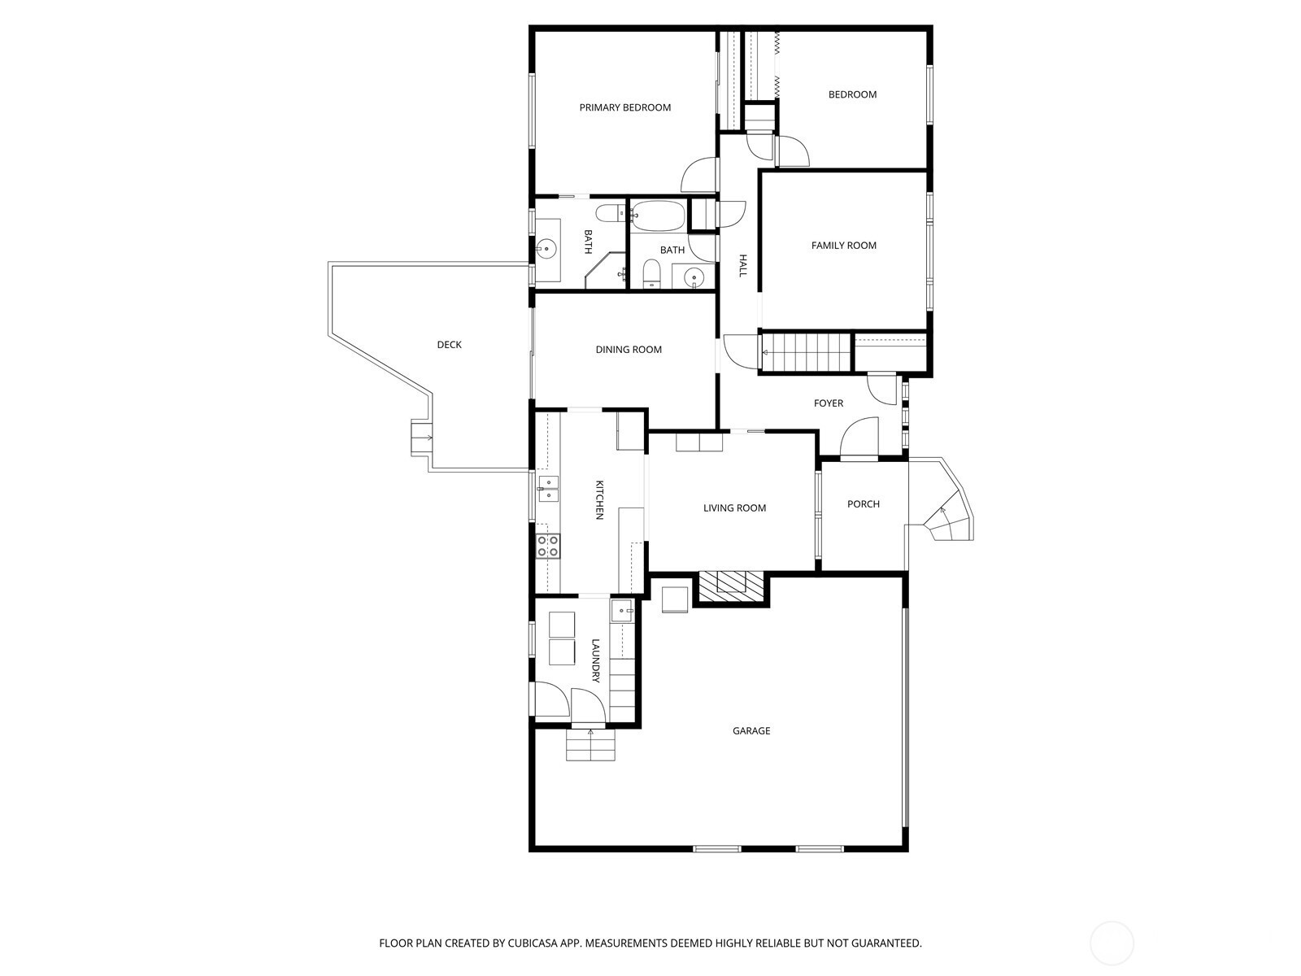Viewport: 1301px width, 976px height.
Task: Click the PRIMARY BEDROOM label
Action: coord(624,107)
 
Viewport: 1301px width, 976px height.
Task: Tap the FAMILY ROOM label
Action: coord(843,246)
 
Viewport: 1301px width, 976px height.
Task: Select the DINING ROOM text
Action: coord(629,350)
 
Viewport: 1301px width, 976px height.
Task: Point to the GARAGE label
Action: coord(751,730)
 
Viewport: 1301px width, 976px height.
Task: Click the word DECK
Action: coord(449,344)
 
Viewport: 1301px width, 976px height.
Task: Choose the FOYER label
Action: coord(828,403)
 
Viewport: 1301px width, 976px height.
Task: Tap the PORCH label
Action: coord(863,503)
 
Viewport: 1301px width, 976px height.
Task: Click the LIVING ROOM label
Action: coord(734,508)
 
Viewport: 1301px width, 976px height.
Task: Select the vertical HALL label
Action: coord(742,265)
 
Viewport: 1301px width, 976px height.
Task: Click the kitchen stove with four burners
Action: coord(548,546)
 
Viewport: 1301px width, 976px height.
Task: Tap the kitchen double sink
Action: coord(548,489)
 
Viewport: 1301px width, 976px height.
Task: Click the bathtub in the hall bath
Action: coord(657,216)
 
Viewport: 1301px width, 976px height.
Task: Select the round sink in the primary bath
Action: coord(546,250)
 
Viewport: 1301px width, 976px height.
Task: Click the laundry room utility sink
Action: coord(622,610)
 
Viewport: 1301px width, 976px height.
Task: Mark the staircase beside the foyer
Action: coord(806,352)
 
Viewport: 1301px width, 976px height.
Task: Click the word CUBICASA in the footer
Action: coord(533,943)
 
